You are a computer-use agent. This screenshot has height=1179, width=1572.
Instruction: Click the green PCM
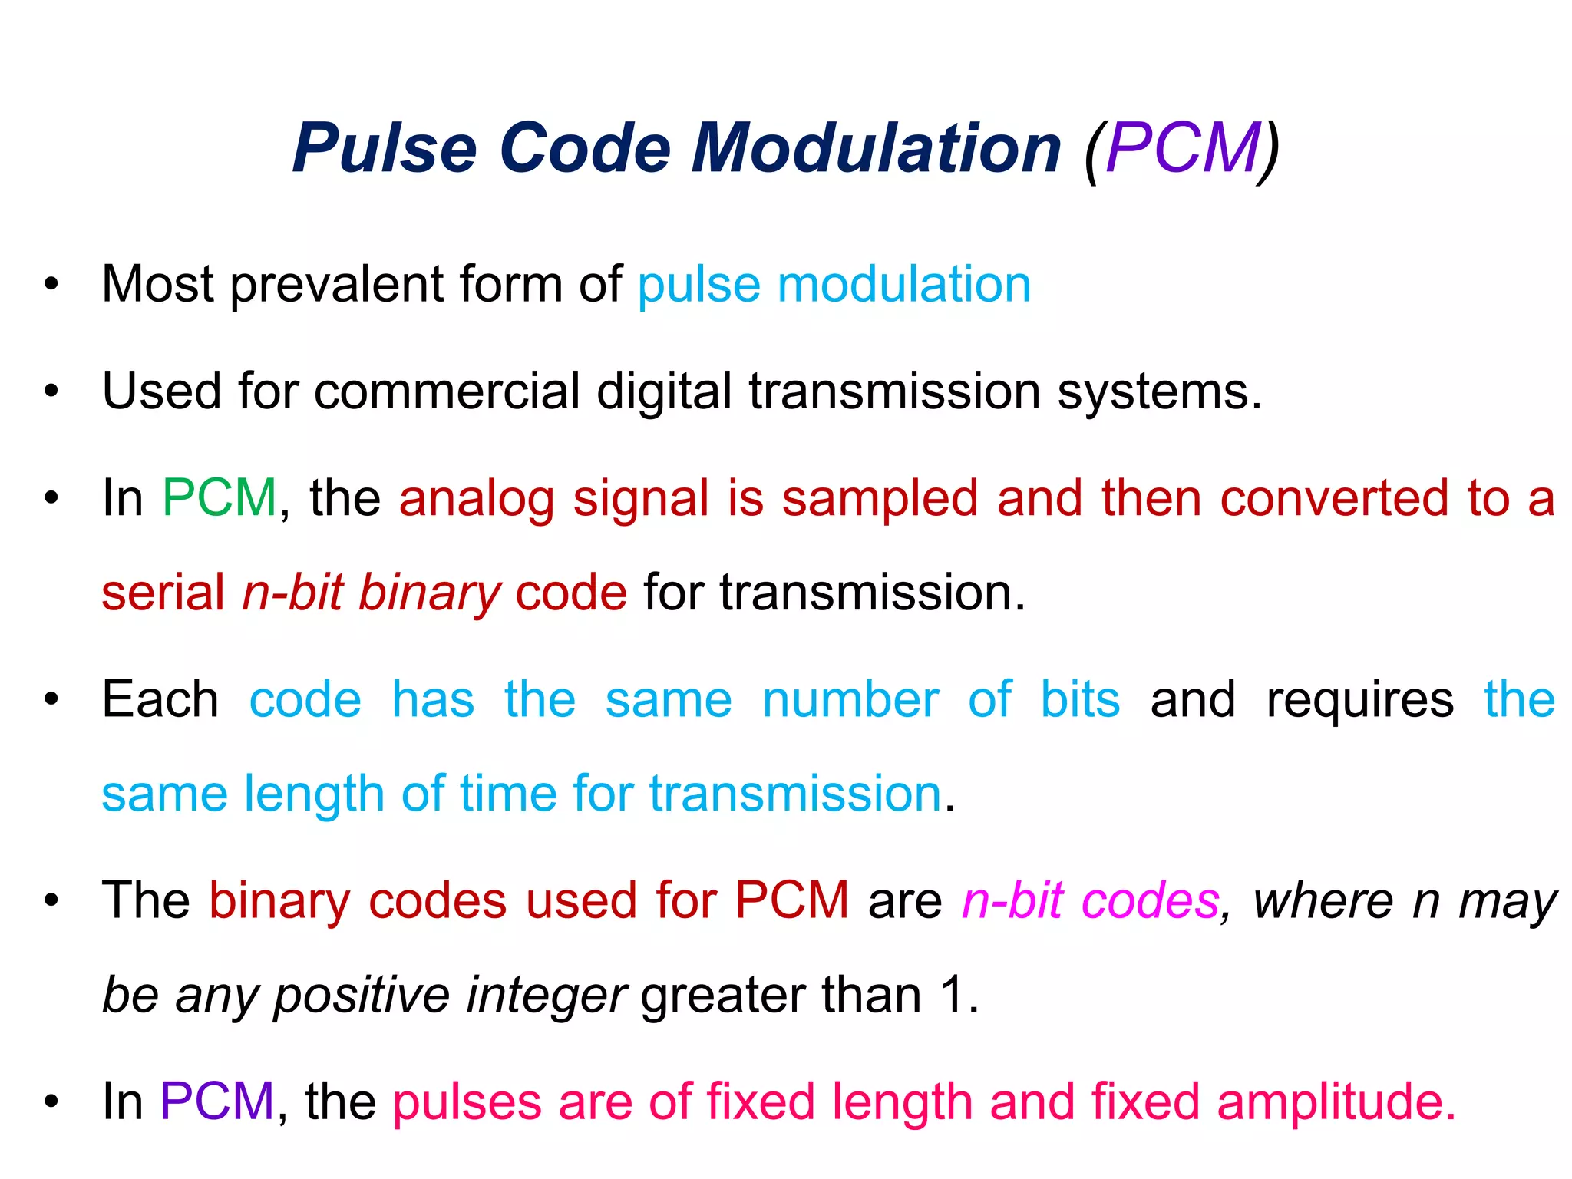[220, 498]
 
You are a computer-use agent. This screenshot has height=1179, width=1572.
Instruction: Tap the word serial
[163, 593]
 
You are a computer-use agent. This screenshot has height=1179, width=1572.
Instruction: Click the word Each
[160, 699]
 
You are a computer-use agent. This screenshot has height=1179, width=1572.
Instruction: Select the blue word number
[850, 699]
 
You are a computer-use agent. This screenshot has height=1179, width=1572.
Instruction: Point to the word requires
[1359, 701]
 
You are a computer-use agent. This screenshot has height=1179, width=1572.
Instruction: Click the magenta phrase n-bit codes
[1091, 900]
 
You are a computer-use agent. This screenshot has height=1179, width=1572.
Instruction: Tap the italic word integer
[547, 996]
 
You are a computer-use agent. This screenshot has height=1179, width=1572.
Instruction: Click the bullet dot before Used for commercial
[51, 391]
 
